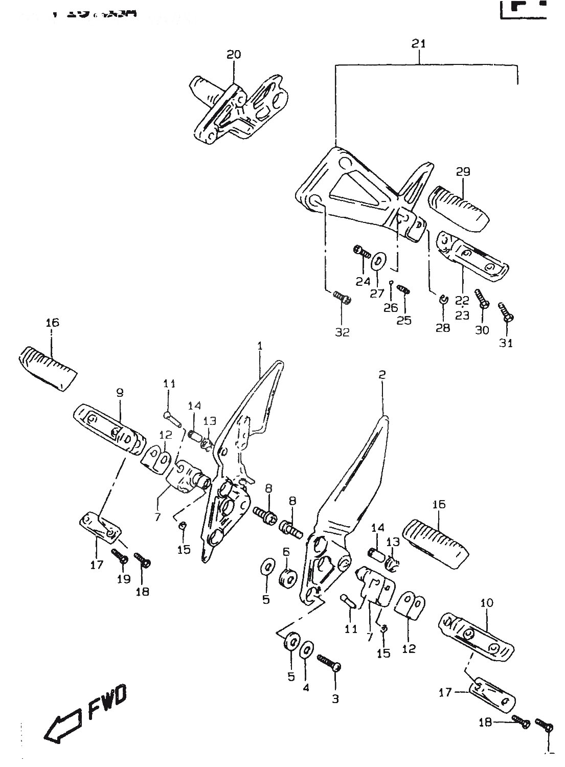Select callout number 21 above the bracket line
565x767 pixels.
tap(419, 44)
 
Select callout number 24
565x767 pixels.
tap(363, 281)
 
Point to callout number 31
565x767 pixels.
tap(506, 343)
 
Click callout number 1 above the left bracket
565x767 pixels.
tap(260, 346)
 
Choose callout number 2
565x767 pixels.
tap(381, 375)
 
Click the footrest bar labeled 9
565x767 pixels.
tap(109, 430)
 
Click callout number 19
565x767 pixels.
tap(124, 579)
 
